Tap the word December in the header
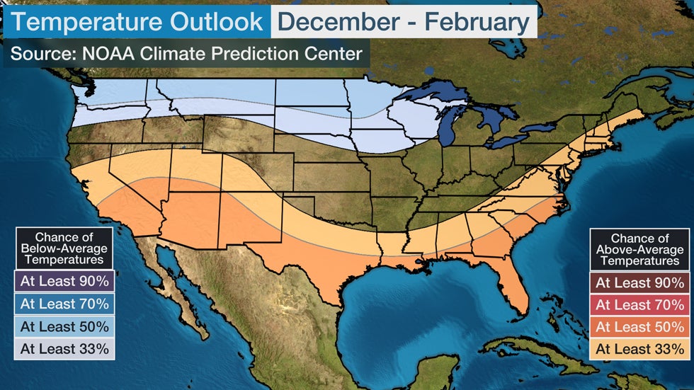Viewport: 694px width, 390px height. pos(339,23)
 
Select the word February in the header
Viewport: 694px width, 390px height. pos(476,23)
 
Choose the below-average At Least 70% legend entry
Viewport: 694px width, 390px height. pos(64,304)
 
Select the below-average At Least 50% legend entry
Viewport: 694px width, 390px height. pos(64,326)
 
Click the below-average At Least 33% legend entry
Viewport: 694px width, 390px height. pos(64,349)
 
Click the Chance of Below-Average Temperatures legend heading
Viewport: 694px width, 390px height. pos(64,248)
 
